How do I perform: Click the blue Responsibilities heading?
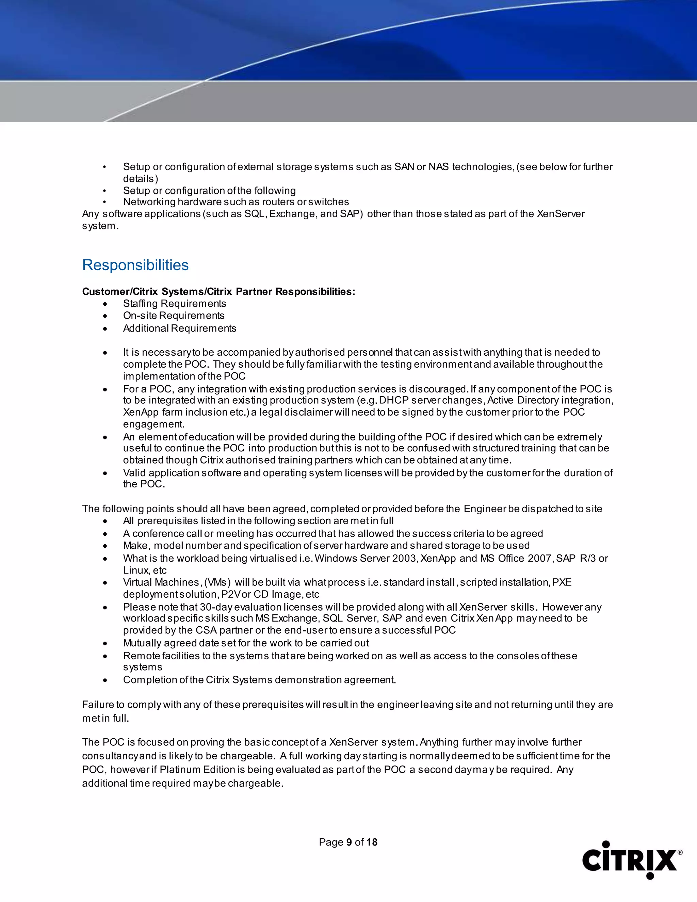click(135, 265)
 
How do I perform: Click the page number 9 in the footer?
click(349, 842)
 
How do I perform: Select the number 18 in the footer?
click(372, 842)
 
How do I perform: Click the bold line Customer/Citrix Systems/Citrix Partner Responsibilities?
click(218, 292)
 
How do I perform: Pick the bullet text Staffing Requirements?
click(174, 304)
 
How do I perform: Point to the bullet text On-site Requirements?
click(174, 316)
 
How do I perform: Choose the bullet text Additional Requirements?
click(180, 328)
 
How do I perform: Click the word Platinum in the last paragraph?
click(176, 770)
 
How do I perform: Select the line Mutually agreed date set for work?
click(246, 643)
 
